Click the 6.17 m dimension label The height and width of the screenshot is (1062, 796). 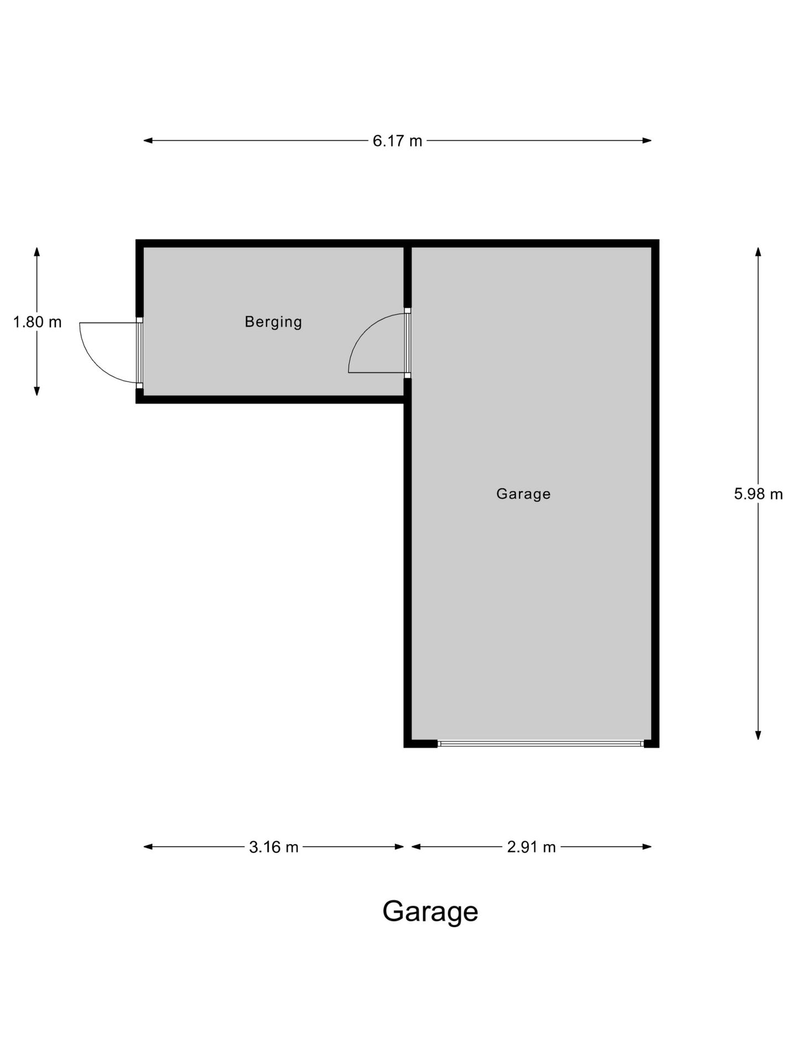click(397, 141)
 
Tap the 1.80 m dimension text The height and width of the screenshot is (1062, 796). click(37, 322)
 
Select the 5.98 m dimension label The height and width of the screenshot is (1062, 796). click(758, 494)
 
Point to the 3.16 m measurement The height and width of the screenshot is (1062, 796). click(274, 847)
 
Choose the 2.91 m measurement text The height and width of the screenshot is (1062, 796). click(531, 847)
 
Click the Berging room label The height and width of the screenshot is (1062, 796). click(274, 322)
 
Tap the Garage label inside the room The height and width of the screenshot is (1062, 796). click(523, 493)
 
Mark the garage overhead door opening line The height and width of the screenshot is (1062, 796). click(541, 744)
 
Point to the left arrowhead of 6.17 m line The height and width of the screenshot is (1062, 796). click(148, 140)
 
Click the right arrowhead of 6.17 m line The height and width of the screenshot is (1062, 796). click(647, 140)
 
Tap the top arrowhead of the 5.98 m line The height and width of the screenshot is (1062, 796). click(758, 252)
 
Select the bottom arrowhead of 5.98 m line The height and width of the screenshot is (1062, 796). click(758, 735)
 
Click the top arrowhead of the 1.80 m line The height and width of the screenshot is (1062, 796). click(37, 252)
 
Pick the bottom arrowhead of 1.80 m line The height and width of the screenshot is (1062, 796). click(37, 391)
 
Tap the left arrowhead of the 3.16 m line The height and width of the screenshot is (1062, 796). click(148, 847)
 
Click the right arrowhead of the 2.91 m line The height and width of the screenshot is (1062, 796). click(647, 847)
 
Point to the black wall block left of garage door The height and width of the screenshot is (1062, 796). click(421, 744)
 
